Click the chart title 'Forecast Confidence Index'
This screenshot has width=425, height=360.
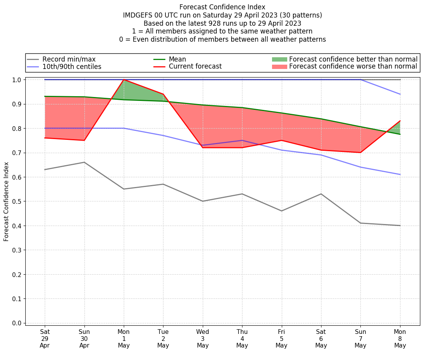[222, 7]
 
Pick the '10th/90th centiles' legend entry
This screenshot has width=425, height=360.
[72, 67]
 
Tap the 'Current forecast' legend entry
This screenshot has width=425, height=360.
[195, 67]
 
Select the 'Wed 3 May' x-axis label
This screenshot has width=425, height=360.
[203, 339]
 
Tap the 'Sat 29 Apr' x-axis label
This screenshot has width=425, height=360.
[45, 339]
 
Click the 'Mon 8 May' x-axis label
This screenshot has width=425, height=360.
[400, 339]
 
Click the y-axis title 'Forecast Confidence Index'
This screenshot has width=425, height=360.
[6, 201]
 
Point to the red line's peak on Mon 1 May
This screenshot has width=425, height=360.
[124, 79]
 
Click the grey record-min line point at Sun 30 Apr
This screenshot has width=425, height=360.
[84, 162]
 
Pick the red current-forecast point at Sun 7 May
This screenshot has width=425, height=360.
[360, 153]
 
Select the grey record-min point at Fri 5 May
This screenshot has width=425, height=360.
[281, 211]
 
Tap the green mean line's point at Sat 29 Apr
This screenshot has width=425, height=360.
[45, 96]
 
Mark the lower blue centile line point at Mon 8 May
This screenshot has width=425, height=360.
[400, 175]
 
